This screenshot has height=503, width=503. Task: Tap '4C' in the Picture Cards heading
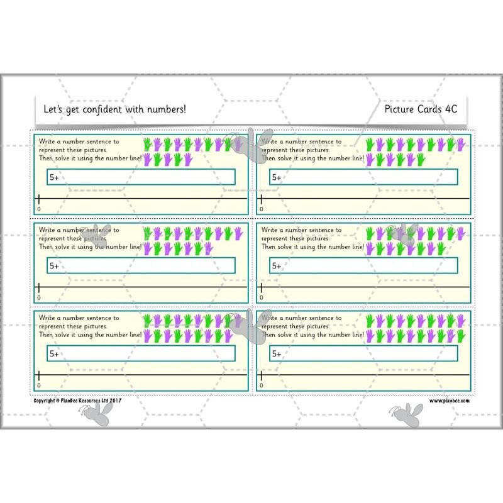[450, 109]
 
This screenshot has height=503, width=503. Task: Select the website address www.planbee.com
[450, 400]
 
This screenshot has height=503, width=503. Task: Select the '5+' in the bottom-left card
[54, 355]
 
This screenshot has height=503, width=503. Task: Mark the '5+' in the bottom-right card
[277, 355]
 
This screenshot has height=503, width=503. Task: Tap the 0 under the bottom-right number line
[261, 385]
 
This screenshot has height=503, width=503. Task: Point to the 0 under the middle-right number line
[261, 297]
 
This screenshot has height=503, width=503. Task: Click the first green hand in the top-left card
[148, 145]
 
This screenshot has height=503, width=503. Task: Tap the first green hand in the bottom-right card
[370, 321]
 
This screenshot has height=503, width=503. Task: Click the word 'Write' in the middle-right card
[269, 230]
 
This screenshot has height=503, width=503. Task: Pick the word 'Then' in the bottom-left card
[47, 335]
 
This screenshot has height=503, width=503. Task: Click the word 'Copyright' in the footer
[45, 400]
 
